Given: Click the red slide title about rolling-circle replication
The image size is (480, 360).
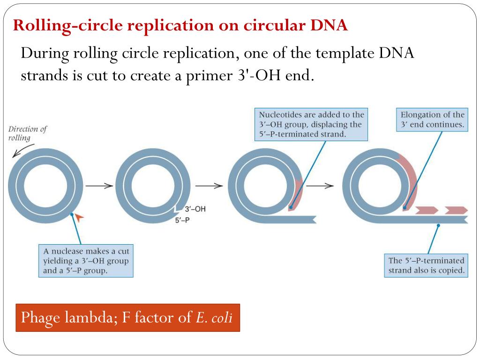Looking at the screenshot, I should pos(180,26).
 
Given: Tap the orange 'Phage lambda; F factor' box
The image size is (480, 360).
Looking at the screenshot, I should pos(127,318).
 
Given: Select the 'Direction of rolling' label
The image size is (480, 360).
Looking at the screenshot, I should pos(28,134).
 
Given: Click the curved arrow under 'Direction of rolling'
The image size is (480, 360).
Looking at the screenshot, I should pos(23,150).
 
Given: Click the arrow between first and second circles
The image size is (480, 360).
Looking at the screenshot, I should pos(99,185).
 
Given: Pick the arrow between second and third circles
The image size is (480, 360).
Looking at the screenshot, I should pos(209,185).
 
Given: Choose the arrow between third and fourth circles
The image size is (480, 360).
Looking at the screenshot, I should pos(320,185).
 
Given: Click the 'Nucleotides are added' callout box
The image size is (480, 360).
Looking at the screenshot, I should pos(311,124).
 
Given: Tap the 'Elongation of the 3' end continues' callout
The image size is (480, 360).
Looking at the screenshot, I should pos(432,120).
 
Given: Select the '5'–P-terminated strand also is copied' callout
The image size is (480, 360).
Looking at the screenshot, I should pos(426,265).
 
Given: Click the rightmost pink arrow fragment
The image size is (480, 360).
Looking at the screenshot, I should pos(456,210).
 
